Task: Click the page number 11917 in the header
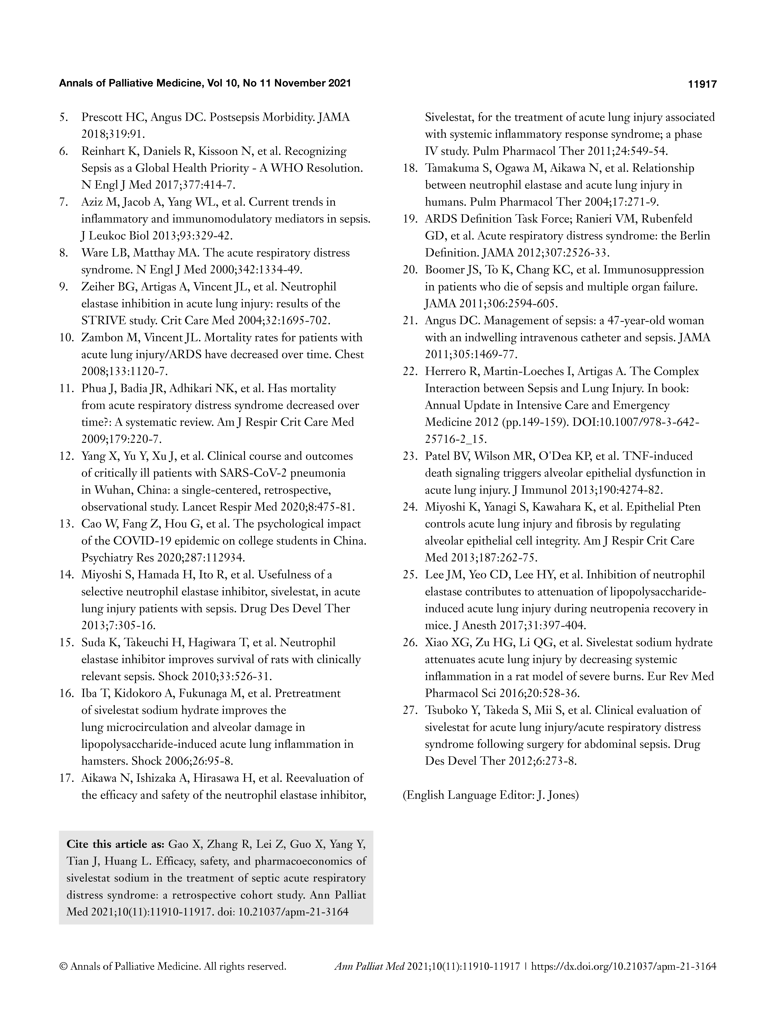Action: click(702, 84)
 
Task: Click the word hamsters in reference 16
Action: click(104, 761)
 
